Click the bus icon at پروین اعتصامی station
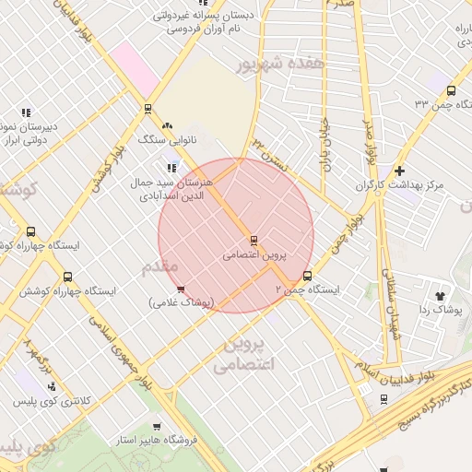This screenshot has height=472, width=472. tap(254, 241)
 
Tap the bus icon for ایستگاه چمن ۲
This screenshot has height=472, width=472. tap(307, 276)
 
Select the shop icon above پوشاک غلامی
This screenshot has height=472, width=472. tap(181, 289)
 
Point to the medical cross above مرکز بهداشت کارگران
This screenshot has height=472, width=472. tap(399, 171)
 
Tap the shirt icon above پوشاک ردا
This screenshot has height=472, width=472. tap(440, 296)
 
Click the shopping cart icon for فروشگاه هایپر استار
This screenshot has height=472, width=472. tap(157, 427)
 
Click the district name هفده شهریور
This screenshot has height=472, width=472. tap(280, 65)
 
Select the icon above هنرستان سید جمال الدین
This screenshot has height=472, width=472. tap(171, 168)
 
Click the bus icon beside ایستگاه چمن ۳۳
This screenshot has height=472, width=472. tap(451, 90)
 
